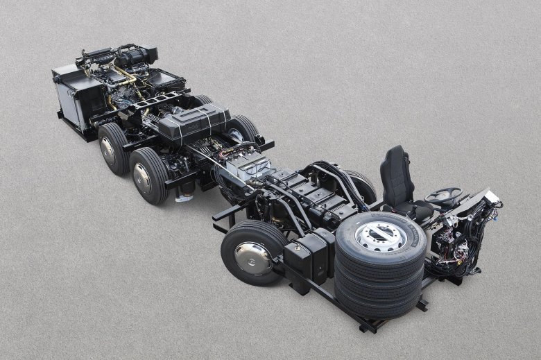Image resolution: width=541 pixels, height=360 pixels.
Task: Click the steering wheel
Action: [x=444, y=195]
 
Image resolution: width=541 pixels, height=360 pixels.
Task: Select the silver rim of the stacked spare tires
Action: [x=381, y=237]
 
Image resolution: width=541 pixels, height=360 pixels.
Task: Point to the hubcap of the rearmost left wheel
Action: [x=108, y=150]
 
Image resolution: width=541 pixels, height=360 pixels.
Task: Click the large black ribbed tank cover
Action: [x=195, y=123]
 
